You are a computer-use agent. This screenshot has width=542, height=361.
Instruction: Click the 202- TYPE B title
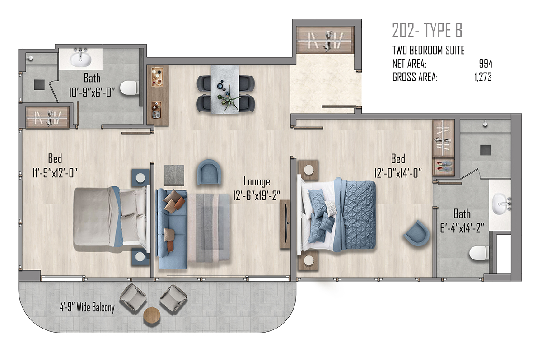(x=427, y=30)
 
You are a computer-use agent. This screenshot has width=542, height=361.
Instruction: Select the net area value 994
(x=486, y=64)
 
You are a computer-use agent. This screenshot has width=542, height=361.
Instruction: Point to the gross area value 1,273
(x=483, y=77)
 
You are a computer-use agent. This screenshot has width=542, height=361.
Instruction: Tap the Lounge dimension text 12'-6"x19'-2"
(x=257, y=195)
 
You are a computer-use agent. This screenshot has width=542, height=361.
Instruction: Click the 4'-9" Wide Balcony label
(x=87, y=308)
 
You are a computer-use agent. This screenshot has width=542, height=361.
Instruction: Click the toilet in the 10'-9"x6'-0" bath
(x=129, y=87)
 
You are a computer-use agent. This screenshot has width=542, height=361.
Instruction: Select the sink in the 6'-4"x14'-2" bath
(x=501, y=204)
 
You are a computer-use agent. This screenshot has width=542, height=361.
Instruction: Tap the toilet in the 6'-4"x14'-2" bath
(x=479, y=253)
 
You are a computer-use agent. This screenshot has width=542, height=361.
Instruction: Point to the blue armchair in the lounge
(x=209, y=172)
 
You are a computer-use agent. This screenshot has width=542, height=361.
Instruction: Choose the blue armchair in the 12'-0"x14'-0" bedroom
(x=416, y=233)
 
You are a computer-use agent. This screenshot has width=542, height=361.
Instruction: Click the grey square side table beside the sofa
(x=174, y=175)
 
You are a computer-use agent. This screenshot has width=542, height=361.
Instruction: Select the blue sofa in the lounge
(x=172, y=229)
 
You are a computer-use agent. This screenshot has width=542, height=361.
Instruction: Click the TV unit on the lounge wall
(x=285, y=224)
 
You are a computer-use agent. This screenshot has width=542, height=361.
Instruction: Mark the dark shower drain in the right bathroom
(x=486, y=150)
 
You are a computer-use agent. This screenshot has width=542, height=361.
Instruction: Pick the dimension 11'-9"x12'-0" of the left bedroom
(x=55, y=173)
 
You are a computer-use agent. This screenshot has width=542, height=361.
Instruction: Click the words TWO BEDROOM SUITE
(x=428, y=50)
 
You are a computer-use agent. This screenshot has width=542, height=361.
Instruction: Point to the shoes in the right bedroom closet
(x=443, y=167)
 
